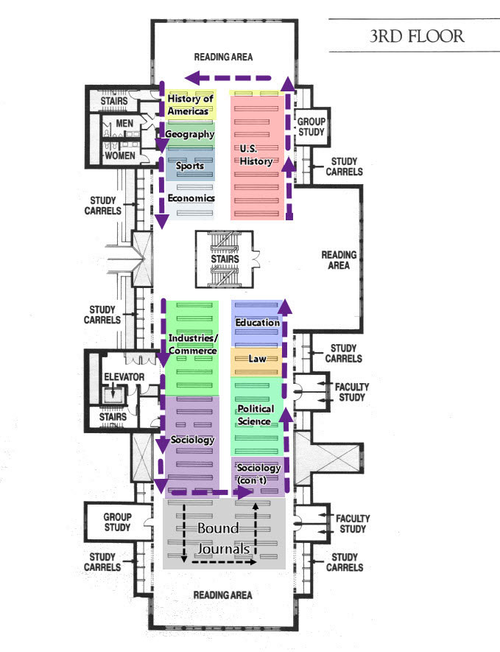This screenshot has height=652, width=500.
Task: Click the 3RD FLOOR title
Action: click(x=417, y=37)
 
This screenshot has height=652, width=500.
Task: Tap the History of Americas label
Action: click(x=190, y=105)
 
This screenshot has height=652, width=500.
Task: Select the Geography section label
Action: click(x=190, y=134)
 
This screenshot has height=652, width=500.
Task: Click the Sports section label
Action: click(x=190, y=166)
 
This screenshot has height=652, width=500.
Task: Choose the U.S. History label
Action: click(x=256, y=155)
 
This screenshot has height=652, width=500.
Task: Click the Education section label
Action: click(x=257, y=323)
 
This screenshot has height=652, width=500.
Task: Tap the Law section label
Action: click(x=257, y=359)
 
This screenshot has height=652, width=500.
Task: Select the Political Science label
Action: click(x=256, y=415)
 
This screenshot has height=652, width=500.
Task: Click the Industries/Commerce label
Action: click(x=192, y=344)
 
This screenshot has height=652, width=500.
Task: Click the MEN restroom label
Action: click(x=122, y=124)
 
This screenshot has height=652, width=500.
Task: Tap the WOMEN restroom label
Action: click(x=121, y=155)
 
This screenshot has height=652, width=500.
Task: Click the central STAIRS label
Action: click(x=225, y=259)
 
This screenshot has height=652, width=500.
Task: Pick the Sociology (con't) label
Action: click(x=258, y=474)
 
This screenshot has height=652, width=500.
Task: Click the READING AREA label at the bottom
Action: click(x=222, y=595)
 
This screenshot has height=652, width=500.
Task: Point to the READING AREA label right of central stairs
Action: click(x=339, y=260)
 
